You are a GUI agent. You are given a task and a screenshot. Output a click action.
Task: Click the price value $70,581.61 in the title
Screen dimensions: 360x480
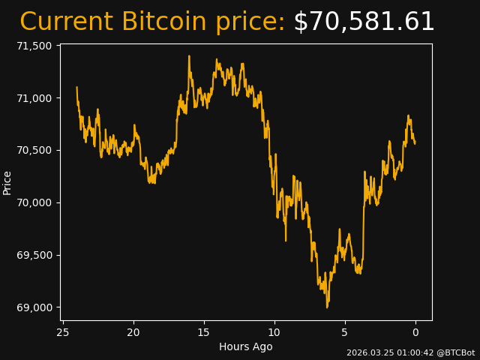(364, 22)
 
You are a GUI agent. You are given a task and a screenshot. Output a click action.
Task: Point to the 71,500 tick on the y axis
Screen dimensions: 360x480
(34, 46)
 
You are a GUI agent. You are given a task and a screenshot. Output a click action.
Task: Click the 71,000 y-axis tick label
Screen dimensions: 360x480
(34, 98)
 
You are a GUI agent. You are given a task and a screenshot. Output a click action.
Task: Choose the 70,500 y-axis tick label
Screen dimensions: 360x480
(34, 150)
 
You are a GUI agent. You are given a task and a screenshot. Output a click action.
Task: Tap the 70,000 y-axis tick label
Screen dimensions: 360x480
(34, 202)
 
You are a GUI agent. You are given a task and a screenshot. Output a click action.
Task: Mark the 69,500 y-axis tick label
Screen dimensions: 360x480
(34, 255)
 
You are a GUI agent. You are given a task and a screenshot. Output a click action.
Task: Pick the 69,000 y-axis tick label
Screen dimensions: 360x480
(34, 307)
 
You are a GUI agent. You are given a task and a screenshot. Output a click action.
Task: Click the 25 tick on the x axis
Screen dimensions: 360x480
(63, 332)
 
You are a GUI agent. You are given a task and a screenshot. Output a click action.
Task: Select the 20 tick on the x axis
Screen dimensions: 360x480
(133, 332)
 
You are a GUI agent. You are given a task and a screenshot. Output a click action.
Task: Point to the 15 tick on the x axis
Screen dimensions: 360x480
(204, 332)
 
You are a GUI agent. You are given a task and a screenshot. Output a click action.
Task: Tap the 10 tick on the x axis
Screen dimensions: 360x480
(274, 332)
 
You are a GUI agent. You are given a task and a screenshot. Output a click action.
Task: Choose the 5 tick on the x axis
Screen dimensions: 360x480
(345, 332)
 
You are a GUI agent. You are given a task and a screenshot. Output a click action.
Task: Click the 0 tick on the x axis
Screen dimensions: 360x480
(415, 332)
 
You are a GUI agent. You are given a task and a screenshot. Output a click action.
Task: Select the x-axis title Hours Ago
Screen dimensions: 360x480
(246, 346)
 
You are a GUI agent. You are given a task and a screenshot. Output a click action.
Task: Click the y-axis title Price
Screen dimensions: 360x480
(7, 182)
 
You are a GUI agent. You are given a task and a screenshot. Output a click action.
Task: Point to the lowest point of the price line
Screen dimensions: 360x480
(327, 307)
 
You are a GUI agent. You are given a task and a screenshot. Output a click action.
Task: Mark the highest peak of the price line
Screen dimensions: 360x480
(189, 56)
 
